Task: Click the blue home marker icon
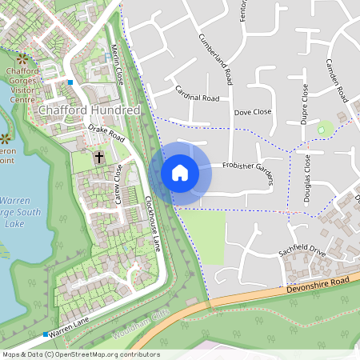(180, 173)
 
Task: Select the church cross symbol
(99, 157)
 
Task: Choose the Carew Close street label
(118, 183)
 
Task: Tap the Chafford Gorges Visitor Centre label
(22, 85)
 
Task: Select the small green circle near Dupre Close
(324, 128)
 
